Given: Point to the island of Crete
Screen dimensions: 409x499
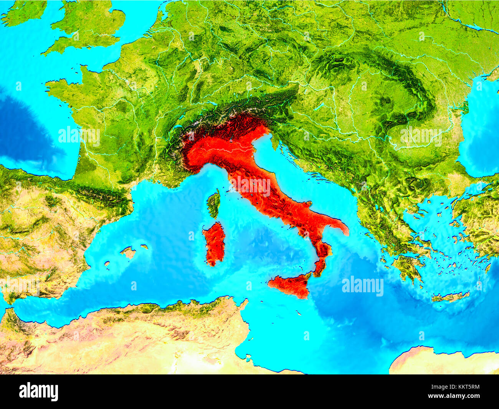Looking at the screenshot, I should [x=450, y=297].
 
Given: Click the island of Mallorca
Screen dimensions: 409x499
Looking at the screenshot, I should [x=128, y=252].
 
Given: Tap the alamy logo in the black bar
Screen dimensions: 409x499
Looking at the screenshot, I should [x=38, y=392].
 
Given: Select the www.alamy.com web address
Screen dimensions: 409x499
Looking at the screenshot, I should [x=453, y=396].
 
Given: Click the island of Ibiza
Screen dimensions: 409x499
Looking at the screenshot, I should [x=107, y=264].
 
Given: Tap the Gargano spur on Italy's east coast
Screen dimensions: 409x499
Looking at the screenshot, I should [x=306, y=204].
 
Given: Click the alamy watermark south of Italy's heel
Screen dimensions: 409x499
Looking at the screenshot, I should [x=362, y=286].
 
